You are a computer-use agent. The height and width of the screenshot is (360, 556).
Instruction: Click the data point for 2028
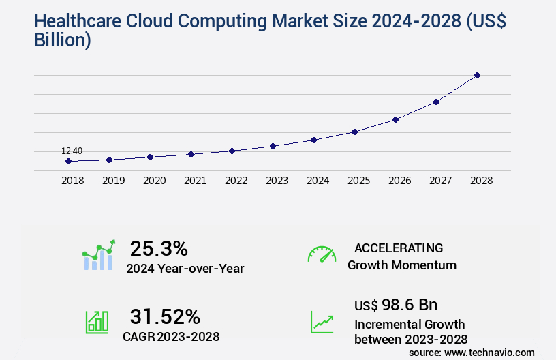[x=477, y=75]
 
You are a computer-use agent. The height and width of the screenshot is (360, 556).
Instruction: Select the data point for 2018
[x=68, y=162]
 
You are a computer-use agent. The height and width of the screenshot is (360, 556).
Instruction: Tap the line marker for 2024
[x=313, y=140]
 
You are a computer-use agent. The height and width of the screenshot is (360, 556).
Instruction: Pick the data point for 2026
[x=395, y=119]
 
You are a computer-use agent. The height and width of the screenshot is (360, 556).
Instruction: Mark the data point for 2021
[x=191, y=154]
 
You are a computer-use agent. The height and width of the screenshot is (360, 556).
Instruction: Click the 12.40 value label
[x=72, y=151]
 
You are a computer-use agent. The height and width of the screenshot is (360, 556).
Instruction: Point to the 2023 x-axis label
[x=277, y=181]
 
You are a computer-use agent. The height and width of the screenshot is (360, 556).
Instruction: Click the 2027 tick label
[x=440, y=181]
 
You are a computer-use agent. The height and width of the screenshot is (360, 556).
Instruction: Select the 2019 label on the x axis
[x=113, y=181]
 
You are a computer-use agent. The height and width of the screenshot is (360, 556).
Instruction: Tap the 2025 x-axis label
[x=358, y=181]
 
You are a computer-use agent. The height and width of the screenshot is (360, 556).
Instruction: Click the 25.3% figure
[x=159, y=248]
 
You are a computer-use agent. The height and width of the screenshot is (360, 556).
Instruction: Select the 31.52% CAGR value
[x=165, y=316]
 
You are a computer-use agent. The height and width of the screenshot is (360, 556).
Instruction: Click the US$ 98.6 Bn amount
[x=396, y=304]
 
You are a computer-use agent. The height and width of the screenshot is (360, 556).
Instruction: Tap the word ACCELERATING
[x=399, y=247]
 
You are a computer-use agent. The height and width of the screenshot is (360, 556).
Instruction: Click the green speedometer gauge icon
[x=322, y=254]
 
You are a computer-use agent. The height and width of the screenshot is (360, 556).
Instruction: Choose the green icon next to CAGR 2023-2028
[x=97, y=321]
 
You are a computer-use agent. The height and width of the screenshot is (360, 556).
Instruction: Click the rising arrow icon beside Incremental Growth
[x=322, y=321]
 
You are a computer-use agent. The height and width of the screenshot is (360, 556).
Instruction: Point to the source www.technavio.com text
[x=472, y=352]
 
